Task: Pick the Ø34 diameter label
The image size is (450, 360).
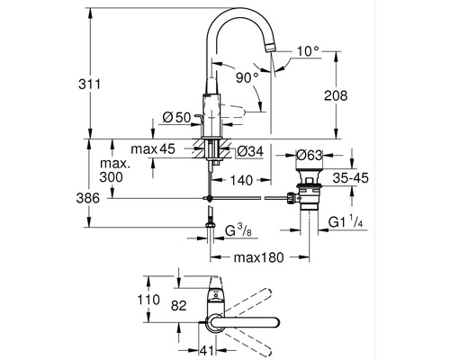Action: (x=250, y=150)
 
